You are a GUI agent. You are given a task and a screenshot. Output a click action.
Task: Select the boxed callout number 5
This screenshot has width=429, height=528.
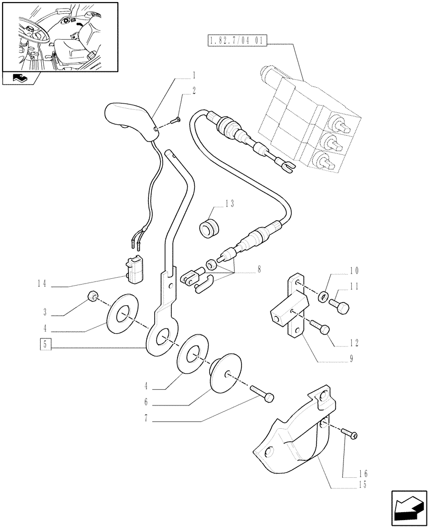[45, 345]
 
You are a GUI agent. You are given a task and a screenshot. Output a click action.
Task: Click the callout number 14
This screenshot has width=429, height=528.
[44, 284]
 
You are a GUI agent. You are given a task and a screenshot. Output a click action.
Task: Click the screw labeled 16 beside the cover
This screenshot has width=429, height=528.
[349, 433]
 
